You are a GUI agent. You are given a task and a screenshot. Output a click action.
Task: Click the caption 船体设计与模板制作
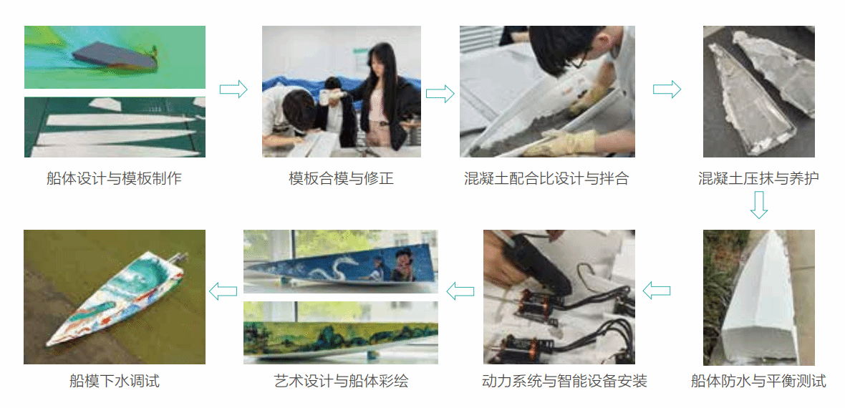coord(115,178)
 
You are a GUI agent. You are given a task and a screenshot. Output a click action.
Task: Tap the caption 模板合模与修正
coord(341,178)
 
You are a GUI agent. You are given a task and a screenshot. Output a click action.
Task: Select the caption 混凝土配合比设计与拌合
coord(546,178)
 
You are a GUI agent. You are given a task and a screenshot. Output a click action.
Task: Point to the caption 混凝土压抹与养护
coord(758,178)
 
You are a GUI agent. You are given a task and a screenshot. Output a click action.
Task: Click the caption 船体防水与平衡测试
coord(758,382)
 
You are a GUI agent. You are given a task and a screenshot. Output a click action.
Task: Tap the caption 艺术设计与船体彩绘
coord(341,382)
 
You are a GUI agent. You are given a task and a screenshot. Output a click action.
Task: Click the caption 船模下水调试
coord(115,382)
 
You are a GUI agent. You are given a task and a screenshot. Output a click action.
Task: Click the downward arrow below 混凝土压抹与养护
coord(759,205)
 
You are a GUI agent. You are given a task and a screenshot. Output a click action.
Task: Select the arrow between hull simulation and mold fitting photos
coord(233,89)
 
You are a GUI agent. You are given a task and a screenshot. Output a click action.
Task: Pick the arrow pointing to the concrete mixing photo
coord(440,94)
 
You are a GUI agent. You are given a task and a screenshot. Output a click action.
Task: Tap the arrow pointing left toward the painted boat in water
coord(223,291)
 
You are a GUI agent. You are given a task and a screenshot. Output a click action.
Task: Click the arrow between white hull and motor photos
coord(657,291)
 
